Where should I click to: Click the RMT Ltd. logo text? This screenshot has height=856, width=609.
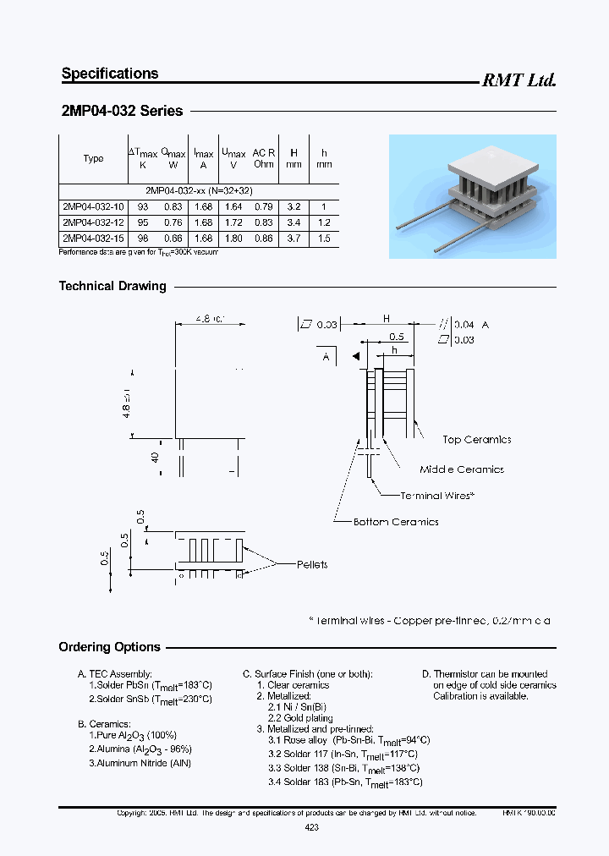518,80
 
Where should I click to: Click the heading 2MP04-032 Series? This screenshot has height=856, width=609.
122,111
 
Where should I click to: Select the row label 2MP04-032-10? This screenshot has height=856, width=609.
93,206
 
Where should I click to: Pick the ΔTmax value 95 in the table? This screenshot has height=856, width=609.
142,222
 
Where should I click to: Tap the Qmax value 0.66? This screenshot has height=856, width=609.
173,239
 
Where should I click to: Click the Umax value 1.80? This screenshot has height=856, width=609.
233,239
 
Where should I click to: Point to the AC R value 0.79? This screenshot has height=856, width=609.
263,206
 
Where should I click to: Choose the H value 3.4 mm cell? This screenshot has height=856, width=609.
294,222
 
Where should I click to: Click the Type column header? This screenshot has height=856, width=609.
93,158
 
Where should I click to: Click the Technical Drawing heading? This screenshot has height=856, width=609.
112,286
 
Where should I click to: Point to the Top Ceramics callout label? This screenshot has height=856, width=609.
476,440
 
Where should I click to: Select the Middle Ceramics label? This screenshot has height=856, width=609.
462,469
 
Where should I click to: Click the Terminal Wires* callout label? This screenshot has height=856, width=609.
437,496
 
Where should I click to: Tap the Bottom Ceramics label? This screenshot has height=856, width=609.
396,522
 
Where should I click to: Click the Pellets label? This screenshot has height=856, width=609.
312,564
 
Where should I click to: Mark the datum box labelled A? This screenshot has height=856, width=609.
326,358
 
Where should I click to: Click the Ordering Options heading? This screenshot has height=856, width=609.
109,647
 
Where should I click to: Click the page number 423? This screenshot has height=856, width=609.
311,828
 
